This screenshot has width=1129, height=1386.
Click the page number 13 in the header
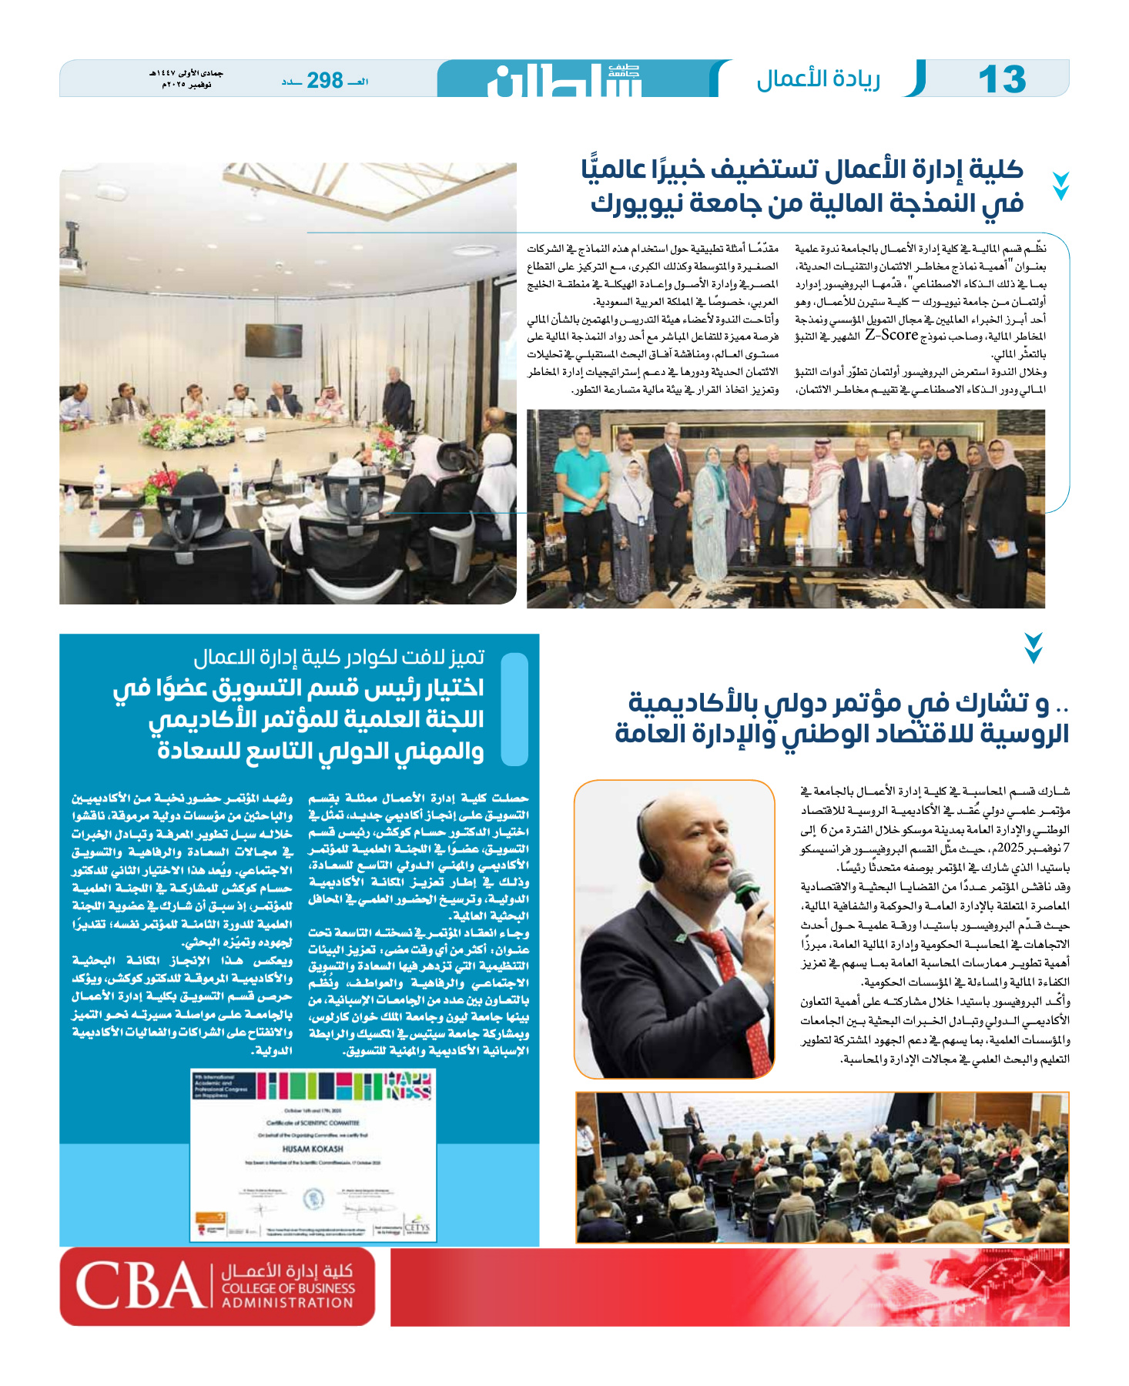[1001, 79]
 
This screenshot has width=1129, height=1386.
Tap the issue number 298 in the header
[325, 80]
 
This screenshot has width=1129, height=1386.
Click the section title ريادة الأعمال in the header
[818, 79]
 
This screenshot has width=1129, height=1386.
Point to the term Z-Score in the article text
[891, 335]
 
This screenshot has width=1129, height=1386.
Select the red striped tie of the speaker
[735, 993]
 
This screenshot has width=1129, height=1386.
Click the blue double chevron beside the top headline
[1060, 186]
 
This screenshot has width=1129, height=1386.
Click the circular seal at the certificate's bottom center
[313, 1198]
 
